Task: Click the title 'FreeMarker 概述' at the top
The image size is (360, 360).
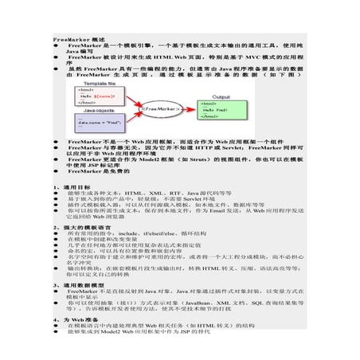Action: coord(77,38)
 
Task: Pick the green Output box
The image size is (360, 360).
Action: coord(221,110)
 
